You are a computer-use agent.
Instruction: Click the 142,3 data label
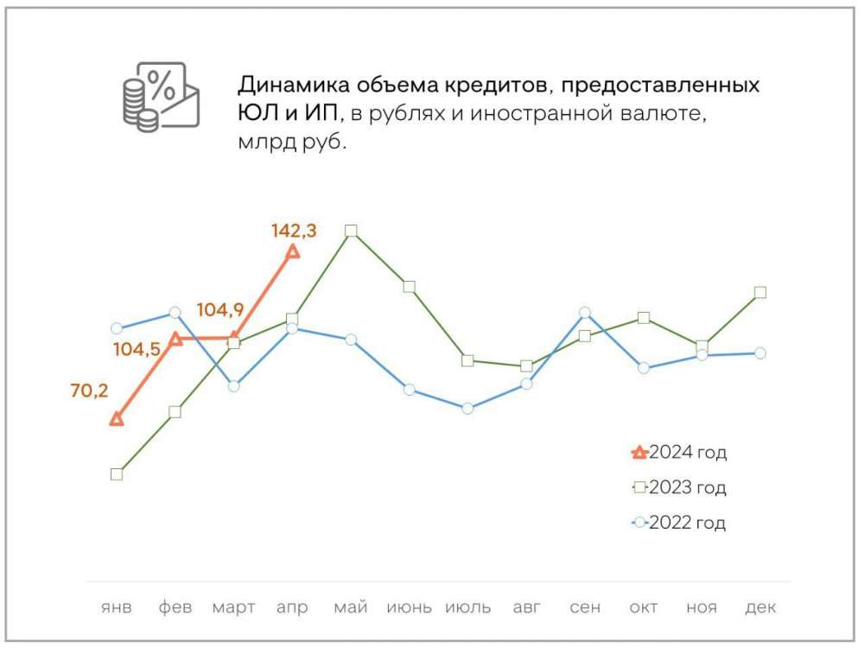(x=294, y=231)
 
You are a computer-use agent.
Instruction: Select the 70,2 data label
(x=89, y=391)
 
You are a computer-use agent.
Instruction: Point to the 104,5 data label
(x=137, y=349)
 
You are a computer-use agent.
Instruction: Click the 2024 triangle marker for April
(x=293, y=251)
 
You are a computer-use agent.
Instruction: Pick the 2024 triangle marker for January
(x=118, y=419)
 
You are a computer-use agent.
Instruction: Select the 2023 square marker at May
(x=351, y=231)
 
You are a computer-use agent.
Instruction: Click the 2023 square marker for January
(x=117, y=473)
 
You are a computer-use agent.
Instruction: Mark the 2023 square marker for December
(x=760, y=292)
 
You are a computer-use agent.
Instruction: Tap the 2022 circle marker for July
(x=467, y=408)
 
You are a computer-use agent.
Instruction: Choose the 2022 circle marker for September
(x=585, y=312)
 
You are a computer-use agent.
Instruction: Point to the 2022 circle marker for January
(x=117, y=328)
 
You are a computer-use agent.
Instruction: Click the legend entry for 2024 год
(x=680, y=452)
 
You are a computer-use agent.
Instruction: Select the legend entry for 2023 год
(x=680, y=487)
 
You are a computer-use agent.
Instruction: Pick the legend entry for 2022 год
(x=680, y=523)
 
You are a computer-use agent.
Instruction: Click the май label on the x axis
(x=351, y=607)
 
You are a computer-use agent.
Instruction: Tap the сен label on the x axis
(x=585, y=607)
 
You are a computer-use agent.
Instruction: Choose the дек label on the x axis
(x=760, y=607)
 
